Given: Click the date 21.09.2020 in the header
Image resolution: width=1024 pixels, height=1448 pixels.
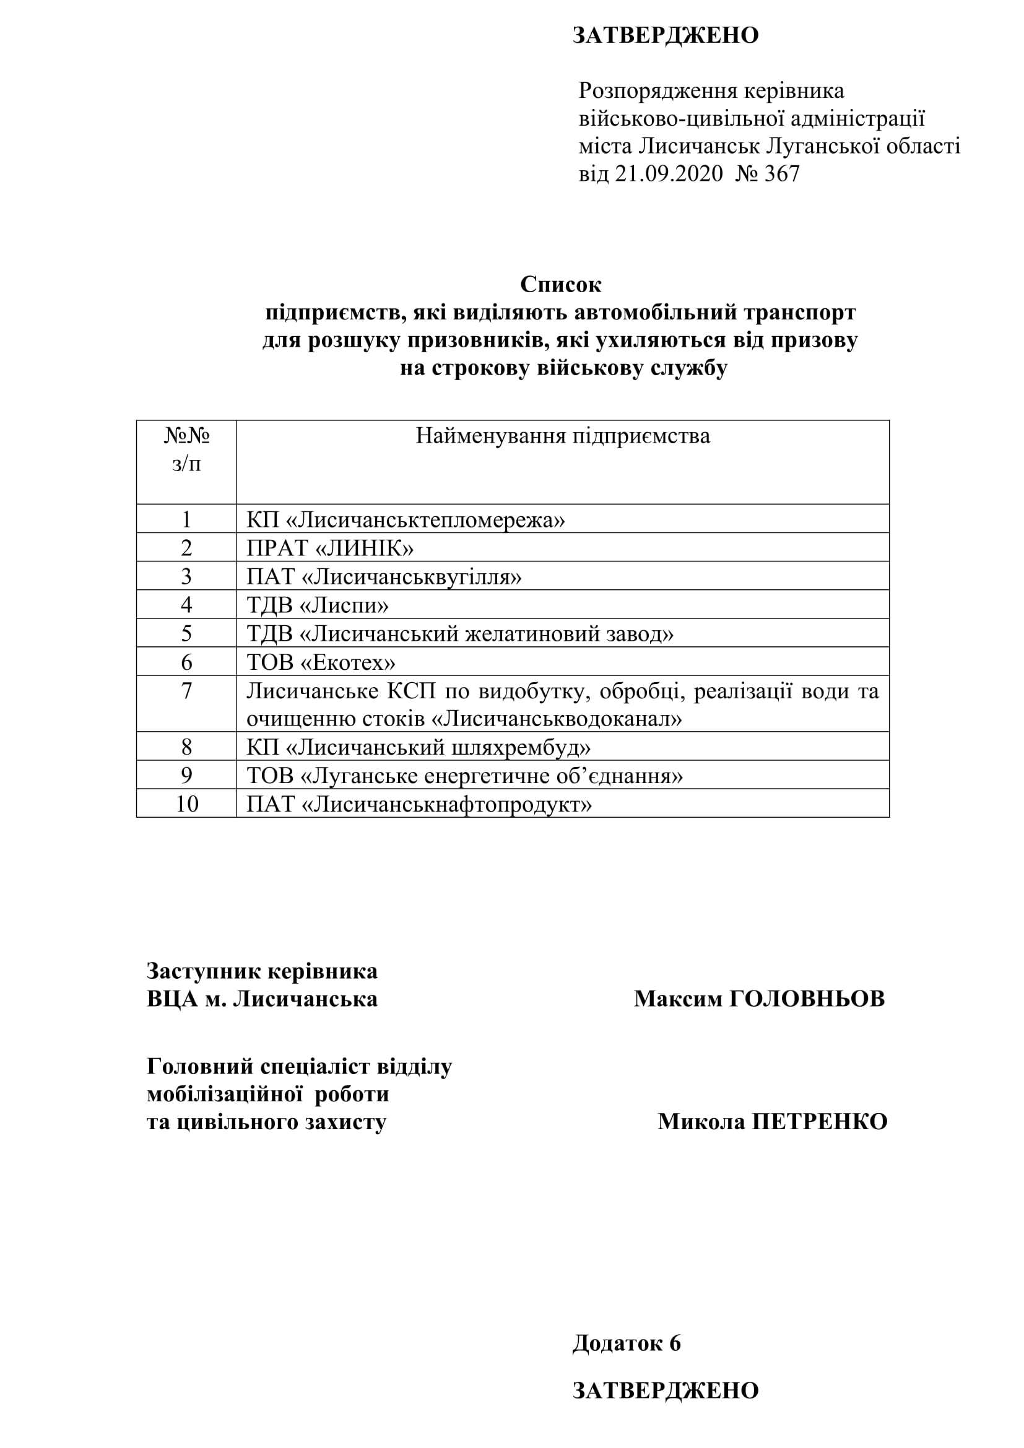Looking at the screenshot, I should [x=669, y=173].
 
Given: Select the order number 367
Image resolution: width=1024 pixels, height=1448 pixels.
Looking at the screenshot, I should [x=781, y=173].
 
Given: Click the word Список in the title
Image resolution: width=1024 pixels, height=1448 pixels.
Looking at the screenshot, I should [x=560, y=284].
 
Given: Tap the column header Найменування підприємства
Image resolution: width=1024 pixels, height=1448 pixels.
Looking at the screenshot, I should [x=562, y=436].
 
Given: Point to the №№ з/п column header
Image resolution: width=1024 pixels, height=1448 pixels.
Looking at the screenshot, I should [x=186, y=449].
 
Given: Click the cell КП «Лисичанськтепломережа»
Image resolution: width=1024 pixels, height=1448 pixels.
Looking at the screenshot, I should [x=406, y=519].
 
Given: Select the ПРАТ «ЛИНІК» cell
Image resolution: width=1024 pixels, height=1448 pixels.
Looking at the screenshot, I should [x=330, y=548].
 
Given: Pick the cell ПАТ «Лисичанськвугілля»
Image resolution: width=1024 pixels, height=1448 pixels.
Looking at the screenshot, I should [x=384, y=576].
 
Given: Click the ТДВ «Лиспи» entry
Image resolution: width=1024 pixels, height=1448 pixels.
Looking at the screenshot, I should [x=317, y=605].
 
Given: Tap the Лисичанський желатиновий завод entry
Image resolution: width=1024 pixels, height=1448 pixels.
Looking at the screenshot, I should [x=485, y=633].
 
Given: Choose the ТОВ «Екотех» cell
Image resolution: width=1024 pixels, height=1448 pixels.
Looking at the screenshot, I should [x=321, y=662].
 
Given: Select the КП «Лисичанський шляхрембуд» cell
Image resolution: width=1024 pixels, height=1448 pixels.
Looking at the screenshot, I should [x=418, y=747].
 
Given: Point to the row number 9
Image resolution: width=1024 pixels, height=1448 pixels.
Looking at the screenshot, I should [x=186, y=775].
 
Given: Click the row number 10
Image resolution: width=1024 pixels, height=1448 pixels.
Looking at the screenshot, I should [x=186, y=804].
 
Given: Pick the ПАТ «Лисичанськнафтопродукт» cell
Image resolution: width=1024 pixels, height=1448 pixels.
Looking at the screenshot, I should [x=419, y=804].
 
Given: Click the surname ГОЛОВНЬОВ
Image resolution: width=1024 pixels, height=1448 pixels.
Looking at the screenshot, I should [x=807, y=999].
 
